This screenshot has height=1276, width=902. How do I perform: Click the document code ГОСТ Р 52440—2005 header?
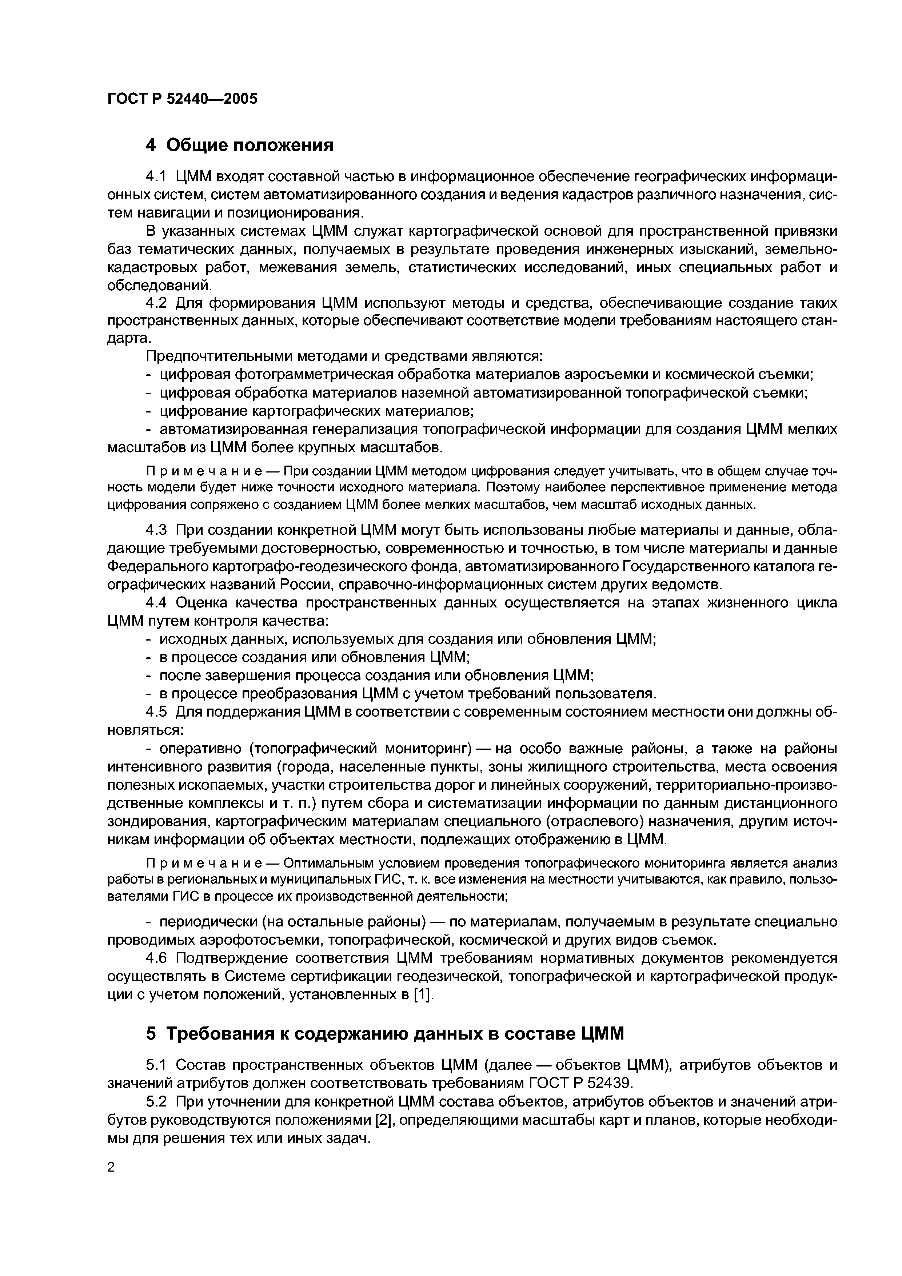coord(182,99)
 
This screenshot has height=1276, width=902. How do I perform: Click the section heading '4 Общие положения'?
coord(240,145)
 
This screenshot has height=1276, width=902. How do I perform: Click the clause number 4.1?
coord(156,177)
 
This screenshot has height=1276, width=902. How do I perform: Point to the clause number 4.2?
coord(156,303)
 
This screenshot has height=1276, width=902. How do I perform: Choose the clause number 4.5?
coord(156,712)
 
